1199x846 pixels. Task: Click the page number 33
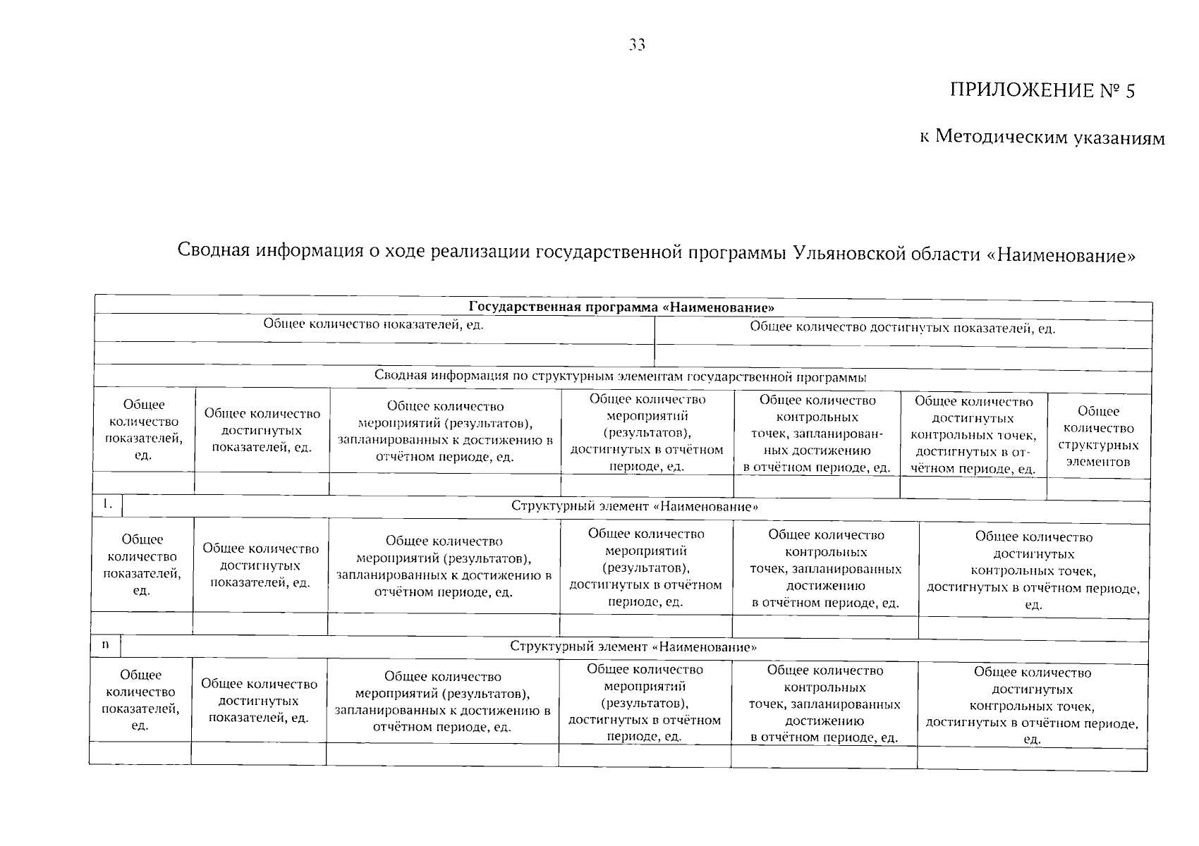pyautogui.click(x=637, y=45)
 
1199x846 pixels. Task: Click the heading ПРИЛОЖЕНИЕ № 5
pyautogui.click(x=1042, y=91)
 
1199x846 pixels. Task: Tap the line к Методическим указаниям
pyautogui.click(x=1042, y=137)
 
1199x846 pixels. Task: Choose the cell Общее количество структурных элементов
pyautogui.click(x=1098, y=436)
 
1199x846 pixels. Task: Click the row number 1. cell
pyautogui.click(x=108, y=505)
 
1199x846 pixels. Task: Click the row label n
pyautogui.click(x=105, y=645)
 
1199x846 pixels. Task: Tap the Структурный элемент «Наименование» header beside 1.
pyautogui.click(x=635, y=507)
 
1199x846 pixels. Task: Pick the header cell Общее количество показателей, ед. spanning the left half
pyautogui.click(x=374, y=324)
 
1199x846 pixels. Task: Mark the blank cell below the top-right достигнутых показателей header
pyautogui.click(x=903, y=356)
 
